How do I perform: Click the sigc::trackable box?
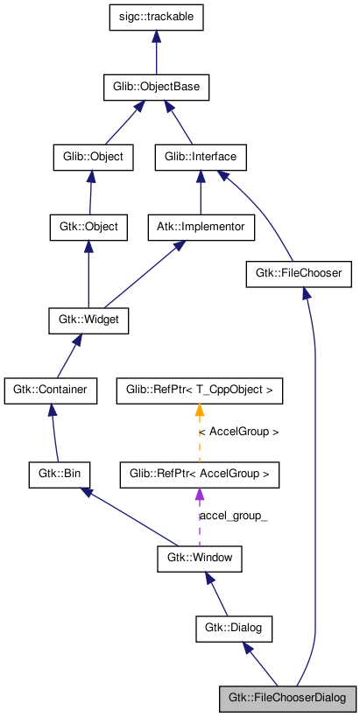[156, 18]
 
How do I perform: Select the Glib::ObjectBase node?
[156, 88]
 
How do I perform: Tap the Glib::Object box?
[93, 158]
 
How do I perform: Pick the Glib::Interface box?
[201, 158]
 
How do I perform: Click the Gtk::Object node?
[88, 228]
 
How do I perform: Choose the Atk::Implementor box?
[201, 228]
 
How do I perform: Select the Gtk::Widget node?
[88, 321]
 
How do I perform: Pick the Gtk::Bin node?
[59, 475]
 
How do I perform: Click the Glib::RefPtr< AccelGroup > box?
[199, 475]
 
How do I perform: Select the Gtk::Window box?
[199, 559]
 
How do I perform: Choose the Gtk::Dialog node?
[234, 629]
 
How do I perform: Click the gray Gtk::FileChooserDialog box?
[287, 699]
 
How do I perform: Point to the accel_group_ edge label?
[233, 517]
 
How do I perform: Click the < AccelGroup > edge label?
[239, 433]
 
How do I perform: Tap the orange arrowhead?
[199, 411]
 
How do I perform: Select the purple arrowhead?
[199, 494]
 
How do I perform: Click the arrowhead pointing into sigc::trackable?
[156, 36]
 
